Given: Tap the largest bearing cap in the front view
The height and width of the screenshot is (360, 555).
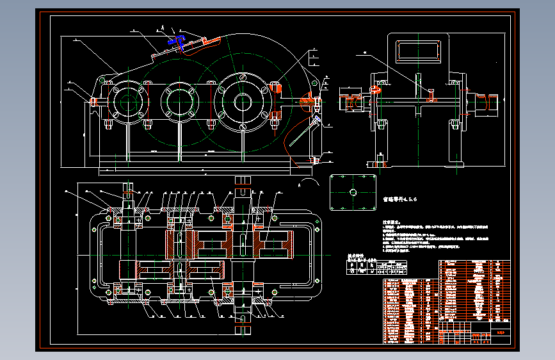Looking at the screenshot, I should coord(243,101).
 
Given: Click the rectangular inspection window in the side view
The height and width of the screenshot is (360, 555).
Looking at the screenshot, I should coord(418,51).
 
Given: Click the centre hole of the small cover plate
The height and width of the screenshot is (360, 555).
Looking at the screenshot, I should coord(352,192).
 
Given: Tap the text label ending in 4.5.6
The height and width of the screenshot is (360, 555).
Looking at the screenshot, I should coord(399,199).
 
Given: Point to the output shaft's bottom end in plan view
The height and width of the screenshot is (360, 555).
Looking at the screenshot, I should coord(243,324).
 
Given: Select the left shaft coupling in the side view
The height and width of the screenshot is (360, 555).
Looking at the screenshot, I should coord(353,102).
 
